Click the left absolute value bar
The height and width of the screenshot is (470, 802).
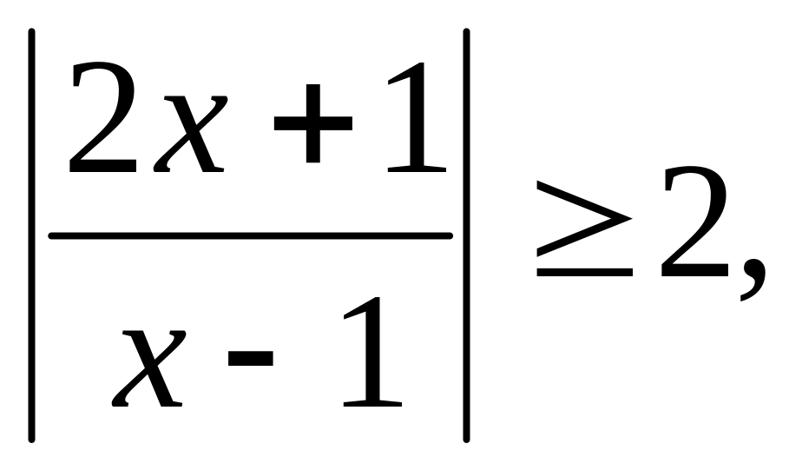pos(31,235)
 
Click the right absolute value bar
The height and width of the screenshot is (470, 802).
pos(467,235)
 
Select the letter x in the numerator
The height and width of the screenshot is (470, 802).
pos(186,130)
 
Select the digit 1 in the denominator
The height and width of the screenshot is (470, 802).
pos(373,352)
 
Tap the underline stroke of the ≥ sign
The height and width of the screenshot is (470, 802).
pos(583,272)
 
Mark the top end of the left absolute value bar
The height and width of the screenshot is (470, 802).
pos(31,35)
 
